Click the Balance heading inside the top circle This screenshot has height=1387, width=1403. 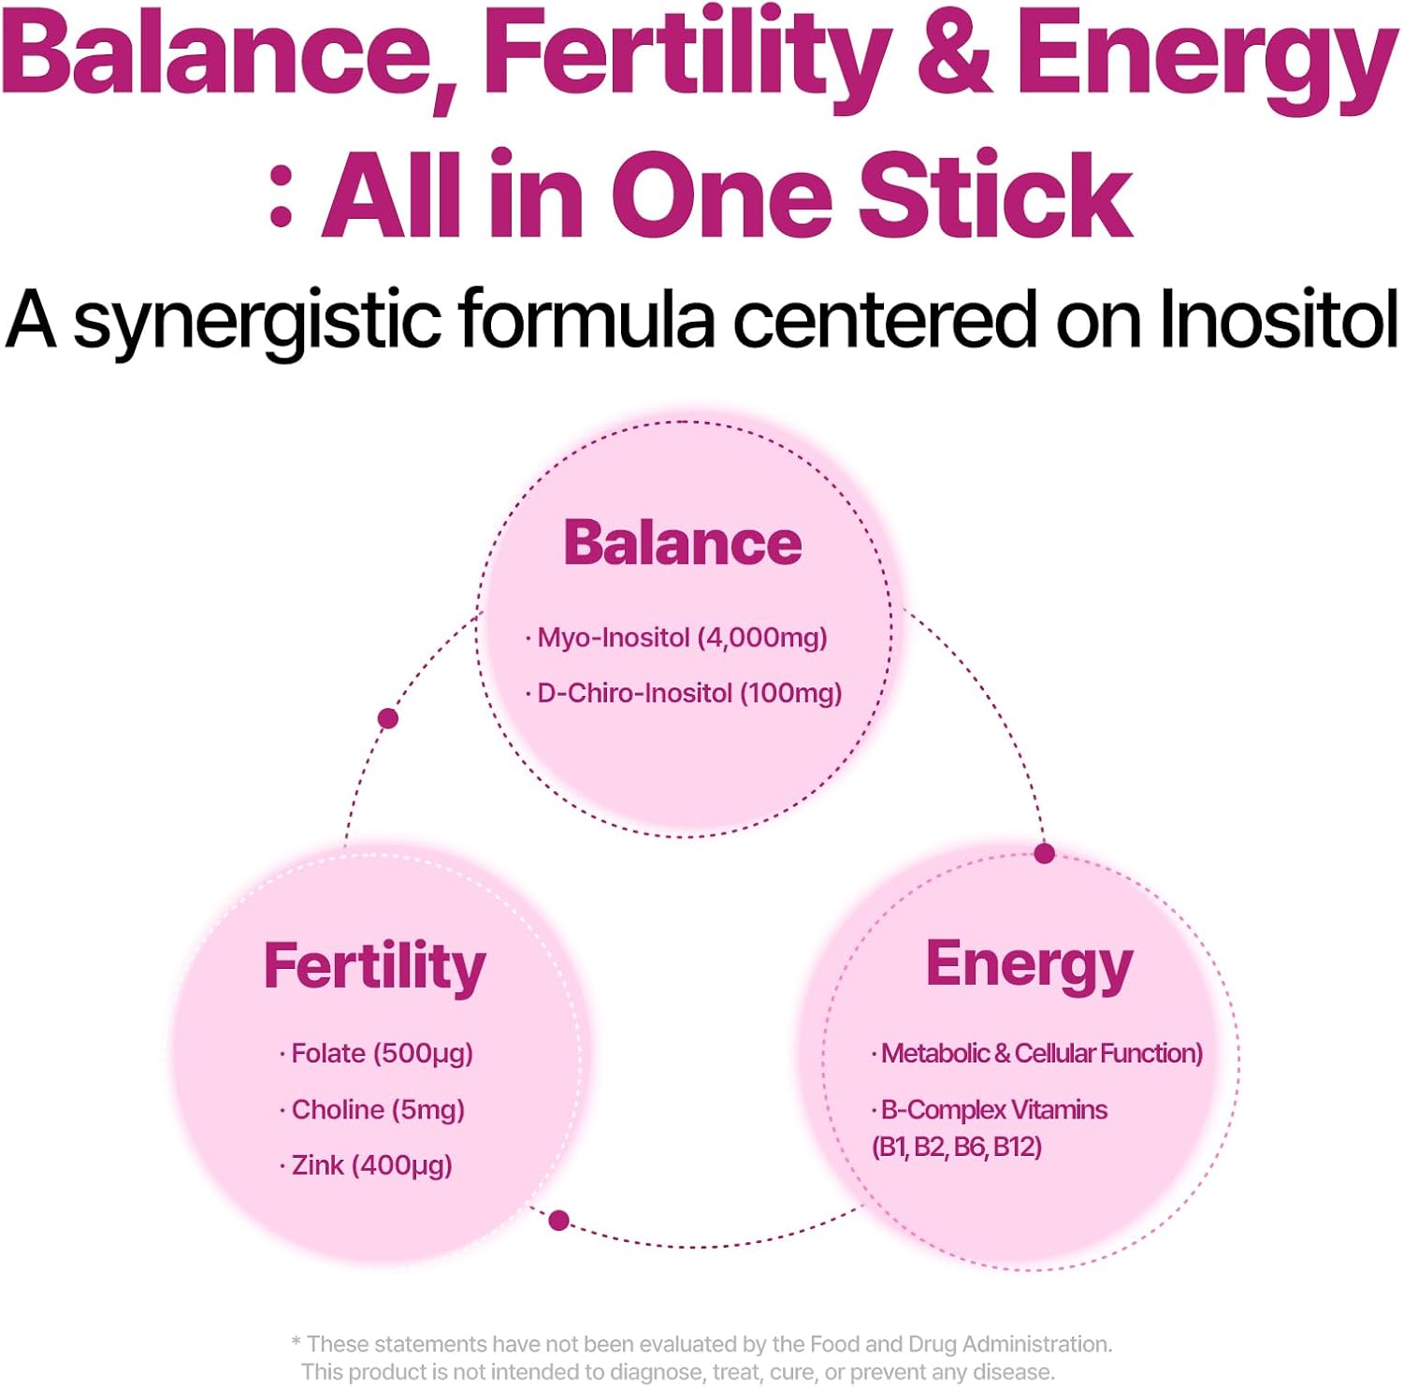[683, 542]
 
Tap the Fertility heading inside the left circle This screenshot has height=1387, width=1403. [374, 967]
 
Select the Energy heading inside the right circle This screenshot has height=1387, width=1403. [1029, 967]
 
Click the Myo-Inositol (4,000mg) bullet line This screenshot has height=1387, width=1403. [676, 638]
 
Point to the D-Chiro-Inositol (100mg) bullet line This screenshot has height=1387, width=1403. [684, 693]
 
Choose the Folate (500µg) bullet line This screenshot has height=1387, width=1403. [376, 1054]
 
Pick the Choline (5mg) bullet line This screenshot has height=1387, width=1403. [371, 1110]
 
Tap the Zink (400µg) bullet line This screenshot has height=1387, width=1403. [366, 1165]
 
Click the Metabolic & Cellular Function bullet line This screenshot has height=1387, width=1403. [1037, 1054]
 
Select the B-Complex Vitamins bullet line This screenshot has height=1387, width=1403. [990, 1110]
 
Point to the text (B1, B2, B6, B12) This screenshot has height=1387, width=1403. [957, 1147]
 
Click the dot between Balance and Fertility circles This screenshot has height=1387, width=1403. [388, 718]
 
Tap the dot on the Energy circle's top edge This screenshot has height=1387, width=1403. [1045, 853]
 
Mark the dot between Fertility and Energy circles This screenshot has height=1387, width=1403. [559, 1220]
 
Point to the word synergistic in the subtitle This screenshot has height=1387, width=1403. [256, 323]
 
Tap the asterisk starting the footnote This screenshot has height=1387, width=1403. [297, 1342]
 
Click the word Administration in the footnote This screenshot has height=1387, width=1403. [1037, 1344]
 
